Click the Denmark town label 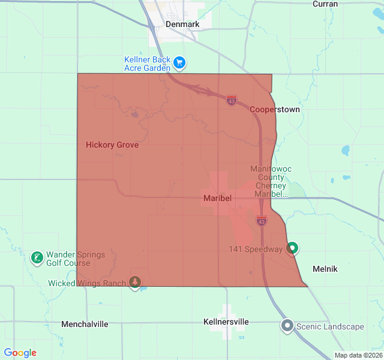[x=182, y=24]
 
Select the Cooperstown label [x=274, y=110]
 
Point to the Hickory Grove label [x=112, y=145]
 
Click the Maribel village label [x=217, y=198]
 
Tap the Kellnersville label [x=226, y=322]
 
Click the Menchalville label [x=85, y=324]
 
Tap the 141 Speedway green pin [x=292, y=248]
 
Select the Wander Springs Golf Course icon [x=37, y=258]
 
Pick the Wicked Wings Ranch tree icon [x=136, y=283]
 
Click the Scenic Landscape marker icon [x=287, y=326]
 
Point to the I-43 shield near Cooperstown [x=232, y=100]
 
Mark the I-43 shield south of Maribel [x=261, y=221]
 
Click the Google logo [x=20, y=353]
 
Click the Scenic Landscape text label [x=331, y=326]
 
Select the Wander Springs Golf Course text [x=75, y=259]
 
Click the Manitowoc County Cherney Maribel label [x=271, y=181]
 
